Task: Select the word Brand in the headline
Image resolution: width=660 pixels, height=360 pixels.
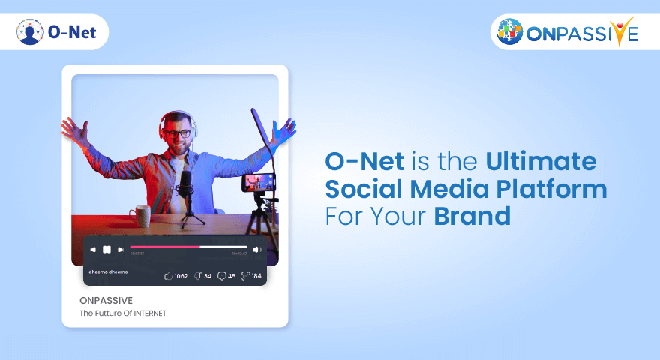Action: pyautogui.click(x=472, y=216)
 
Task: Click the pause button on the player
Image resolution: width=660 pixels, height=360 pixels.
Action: pyautogui.click(x=106, y=249)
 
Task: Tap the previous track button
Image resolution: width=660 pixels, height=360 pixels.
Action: pyautogui.click(x=93, y=249)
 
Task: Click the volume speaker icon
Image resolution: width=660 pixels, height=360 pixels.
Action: pyautogui.click(x=256, y=249)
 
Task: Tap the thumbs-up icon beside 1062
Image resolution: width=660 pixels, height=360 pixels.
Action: pyautogui.click(x=168, y=276)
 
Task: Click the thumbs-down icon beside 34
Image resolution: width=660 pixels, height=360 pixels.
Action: pyautogui.click(x=197, y=276)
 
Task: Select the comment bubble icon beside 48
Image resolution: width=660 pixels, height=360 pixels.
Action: pyautogui.click(x=221, y=276)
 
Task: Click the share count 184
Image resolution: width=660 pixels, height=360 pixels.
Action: pyautogui.click(x=256, y=276)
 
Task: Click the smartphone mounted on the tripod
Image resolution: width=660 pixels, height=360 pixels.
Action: pyautogui.click(x=258, y=182)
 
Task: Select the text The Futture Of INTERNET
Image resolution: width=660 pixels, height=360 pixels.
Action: pyautogui.click(x=123, y=313)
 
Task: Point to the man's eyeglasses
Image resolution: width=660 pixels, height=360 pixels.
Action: pyautogui.click(x=178, y=133)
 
